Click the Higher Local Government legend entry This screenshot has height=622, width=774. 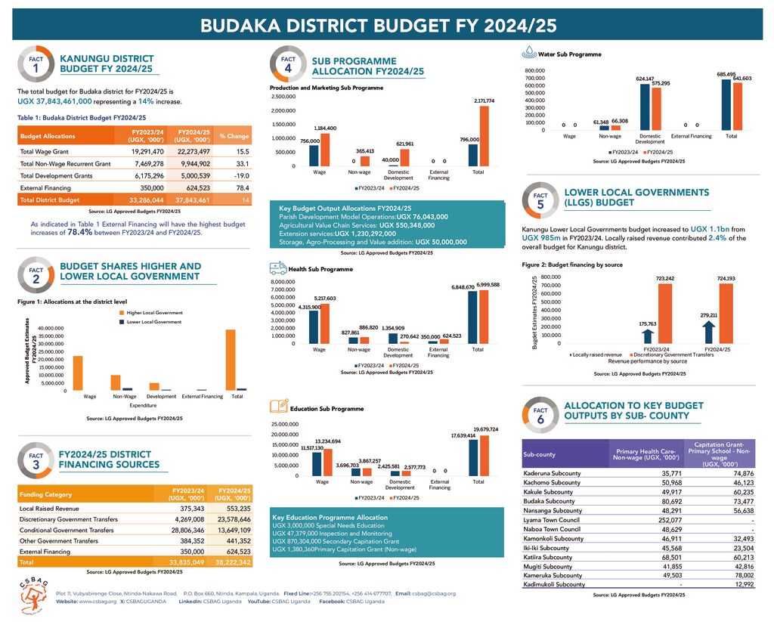(153, 312)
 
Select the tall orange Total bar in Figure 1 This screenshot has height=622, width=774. (231, 359)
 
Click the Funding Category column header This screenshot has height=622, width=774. (47, 495)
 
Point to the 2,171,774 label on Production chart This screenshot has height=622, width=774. (484, 101)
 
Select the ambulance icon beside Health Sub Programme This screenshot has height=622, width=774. (277, 268)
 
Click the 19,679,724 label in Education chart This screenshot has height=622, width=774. (485, 429)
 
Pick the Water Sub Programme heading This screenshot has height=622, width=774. (568, 54)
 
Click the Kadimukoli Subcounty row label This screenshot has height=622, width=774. (554, 584)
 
